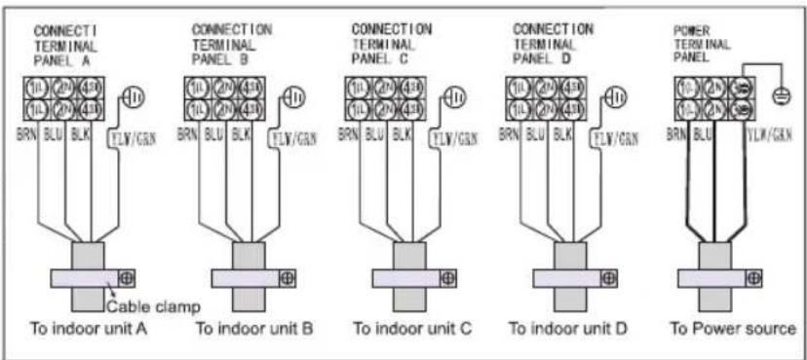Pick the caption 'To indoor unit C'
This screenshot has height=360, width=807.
pyautogui.click(x=412, y=329)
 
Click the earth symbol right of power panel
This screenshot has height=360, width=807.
pyautogui.click(x=781, y=98)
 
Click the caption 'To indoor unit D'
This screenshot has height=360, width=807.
pyautogui.click(x=573, y=329)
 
